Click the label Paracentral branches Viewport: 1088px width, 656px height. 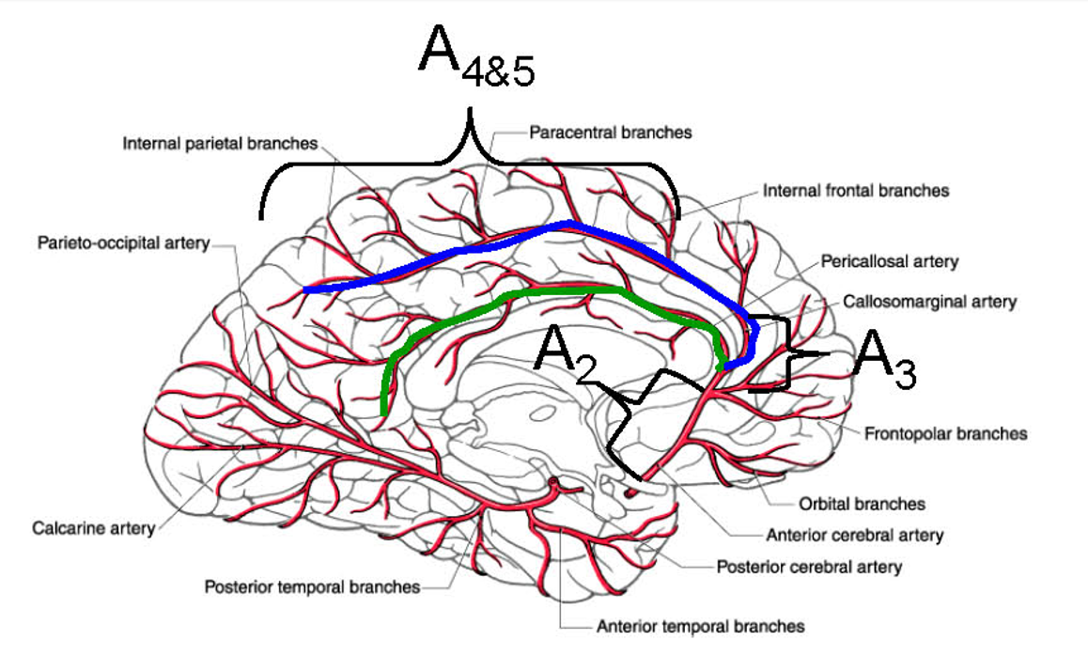(x=610, y=133)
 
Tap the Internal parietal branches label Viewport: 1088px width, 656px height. (x=220, y=144)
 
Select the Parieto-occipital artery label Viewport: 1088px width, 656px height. (x=123, y=243)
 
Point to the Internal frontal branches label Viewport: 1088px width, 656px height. (x=855, y=190)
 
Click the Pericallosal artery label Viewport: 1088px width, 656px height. (x=889, y=260)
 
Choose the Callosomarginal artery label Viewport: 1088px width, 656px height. (x=929, y=302)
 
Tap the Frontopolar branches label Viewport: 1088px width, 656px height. (x=945, y=433)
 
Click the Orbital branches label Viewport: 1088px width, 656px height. (x=862, y=504)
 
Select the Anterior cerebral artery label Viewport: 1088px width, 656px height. (x=854, y=535)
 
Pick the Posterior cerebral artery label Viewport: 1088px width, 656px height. (x=809, y=567)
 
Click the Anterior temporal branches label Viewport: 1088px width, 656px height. (x=700, y=625)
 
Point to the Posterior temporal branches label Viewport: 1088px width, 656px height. (x=312, y=587)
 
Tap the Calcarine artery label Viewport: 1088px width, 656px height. (x=93, y=528)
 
